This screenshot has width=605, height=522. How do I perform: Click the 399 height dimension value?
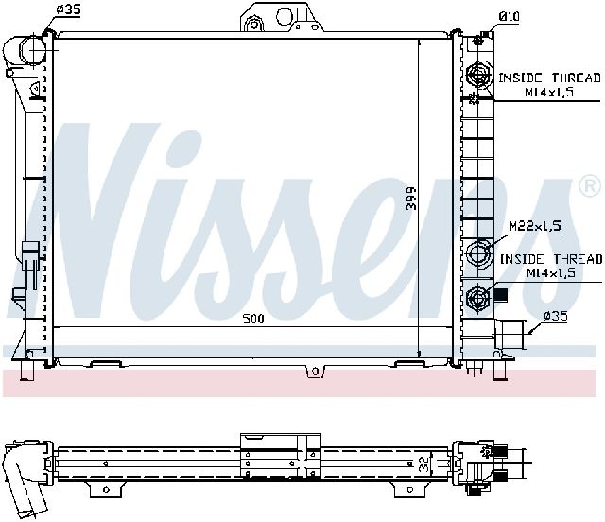pos(412,199)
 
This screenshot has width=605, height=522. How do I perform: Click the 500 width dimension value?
pos(253,319)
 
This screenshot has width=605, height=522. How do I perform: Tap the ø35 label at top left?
pos(69,9)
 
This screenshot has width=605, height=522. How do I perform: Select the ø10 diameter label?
pos(509,17)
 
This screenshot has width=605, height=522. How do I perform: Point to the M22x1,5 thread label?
pos(535,226)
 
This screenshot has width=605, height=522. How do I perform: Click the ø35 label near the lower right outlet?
pos(556,317)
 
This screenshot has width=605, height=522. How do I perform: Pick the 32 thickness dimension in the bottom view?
pos(424,463)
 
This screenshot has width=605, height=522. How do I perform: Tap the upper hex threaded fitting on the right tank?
pos(479,74)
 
